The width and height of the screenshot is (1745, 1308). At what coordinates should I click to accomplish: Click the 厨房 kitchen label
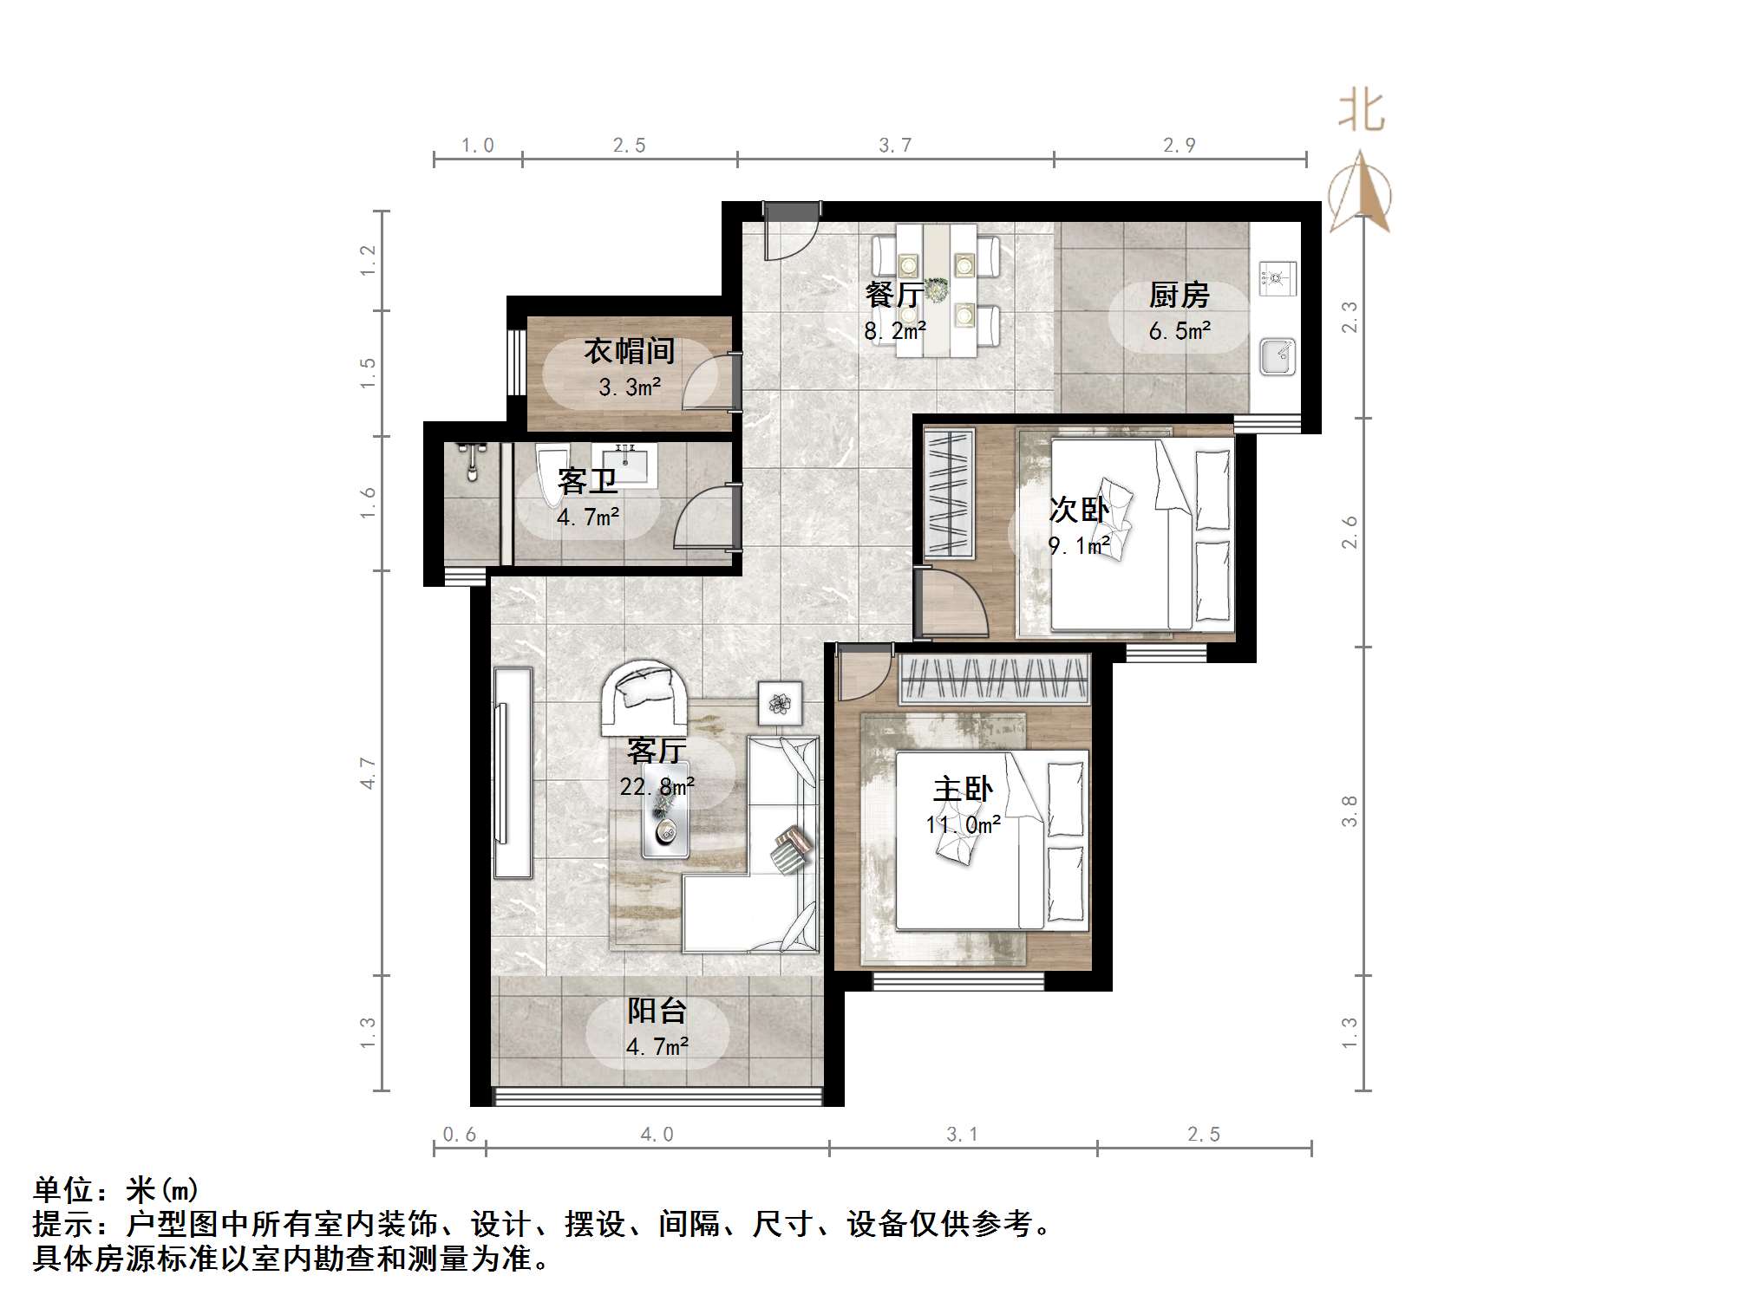[1179, 296]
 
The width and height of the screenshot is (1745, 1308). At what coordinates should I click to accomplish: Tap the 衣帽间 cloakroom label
[629, 351]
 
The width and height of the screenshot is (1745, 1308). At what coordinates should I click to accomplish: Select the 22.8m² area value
[657, 786]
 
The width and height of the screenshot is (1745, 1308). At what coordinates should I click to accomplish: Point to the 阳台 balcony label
[657, 1011]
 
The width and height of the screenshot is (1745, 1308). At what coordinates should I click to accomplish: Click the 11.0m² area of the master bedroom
[963, 824]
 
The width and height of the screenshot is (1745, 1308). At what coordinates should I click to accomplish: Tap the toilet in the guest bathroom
[550, 475]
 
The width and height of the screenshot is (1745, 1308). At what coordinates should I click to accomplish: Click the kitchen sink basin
[1277, 356]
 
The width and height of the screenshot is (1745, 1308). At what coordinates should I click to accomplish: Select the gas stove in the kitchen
[1277, 277]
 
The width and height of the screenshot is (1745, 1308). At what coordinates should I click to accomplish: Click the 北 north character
[1361, 112]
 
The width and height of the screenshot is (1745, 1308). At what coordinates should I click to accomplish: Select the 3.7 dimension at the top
[895, 146]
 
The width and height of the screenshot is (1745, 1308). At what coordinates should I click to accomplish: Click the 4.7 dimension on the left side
[369, 772]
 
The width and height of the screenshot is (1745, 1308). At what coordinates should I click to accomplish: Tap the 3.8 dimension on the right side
[1350, 811]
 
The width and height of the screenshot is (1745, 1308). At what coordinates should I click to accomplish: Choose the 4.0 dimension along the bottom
[657, 1135]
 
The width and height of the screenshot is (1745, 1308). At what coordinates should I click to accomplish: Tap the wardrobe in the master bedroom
[994, 678]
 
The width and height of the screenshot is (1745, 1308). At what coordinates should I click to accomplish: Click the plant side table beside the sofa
[780, 703]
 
